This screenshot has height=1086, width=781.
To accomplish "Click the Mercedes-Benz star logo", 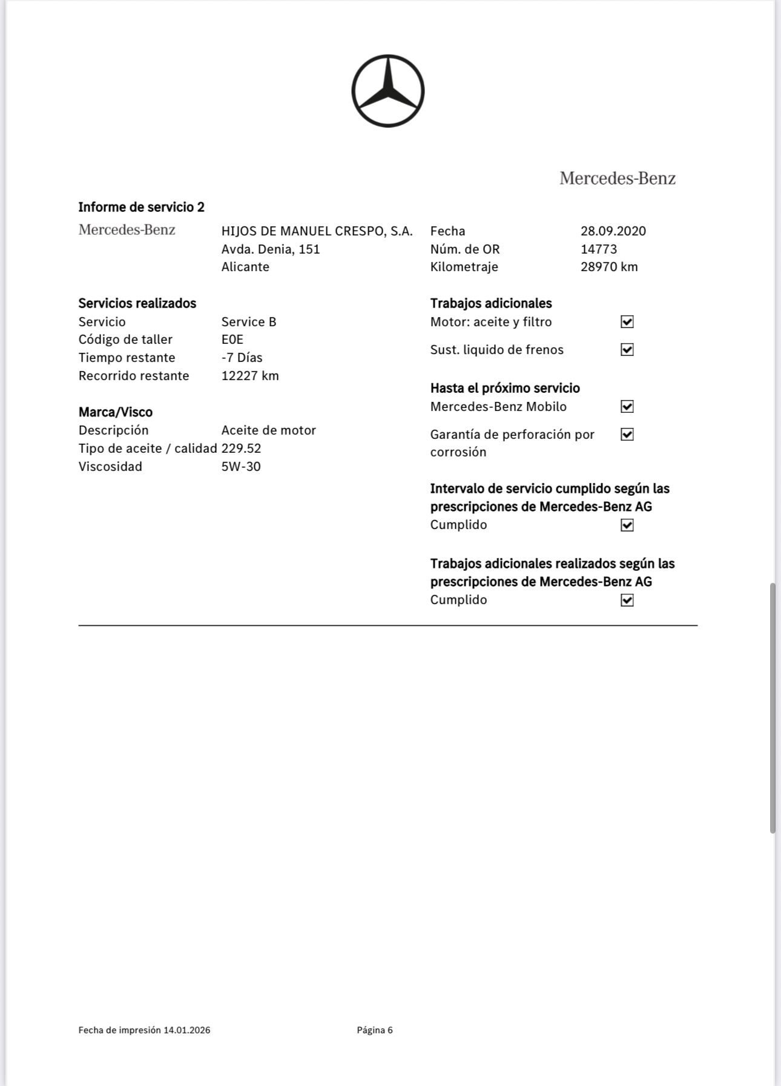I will pyautogui.click(x=387, y=91).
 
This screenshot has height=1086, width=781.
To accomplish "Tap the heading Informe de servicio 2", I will pyautogui.click(x=141, y=207).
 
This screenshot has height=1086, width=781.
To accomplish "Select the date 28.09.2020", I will pyautogui.click(x=613, y=231).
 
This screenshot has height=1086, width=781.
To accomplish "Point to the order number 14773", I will pyautogui.click(x=598, y=249).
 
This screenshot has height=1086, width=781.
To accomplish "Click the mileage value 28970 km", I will pyautogui.click(x=608, y=267).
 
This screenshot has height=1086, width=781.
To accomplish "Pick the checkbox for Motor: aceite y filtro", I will pyautogui.click(x=627, y=322).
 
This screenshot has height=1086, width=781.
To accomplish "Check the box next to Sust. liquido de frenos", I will pyautogui.click(x=627, y=350).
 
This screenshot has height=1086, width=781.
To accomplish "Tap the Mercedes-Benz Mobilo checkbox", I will pyautogui.click(x=627, y=407).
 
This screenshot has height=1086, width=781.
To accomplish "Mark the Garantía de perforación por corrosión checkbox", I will pyautogui.click(x=627, y=435).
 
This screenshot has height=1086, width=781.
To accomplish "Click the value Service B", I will pyautogui.click(x=248, y=322).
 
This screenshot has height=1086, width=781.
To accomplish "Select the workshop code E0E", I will pyautogui.click(x=232, y=340).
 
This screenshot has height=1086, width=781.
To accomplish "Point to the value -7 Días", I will pyautogui.click(x=242, y=358).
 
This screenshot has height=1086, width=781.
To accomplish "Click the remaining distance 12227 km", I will pyautogui.click(x=250, y=376).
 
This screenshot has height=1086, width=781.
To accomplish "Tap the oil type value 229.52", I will pyautogui.click(x=241, y=449).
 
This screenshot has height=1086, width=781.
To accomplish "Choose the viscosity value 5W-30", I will pyautogui.click(x=241, y=467).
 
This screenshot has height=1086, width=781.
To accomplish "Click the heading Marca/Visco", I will pyautogui.click(x=115, y=412).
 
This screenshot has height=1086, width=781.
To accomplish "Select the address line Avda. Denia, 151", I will pyautogui.click(x=270, y=249).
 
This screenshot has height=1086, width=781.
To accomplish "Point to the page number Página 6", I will pyautogui.click(x=375, y=1030).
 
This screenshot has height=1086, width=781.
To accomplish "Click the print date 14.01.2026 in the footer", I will pyautogui.click(x=186, y=1030).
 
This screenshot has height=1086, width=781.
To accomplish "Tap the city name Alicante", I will pyautogui.click(x=245, y=267).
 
